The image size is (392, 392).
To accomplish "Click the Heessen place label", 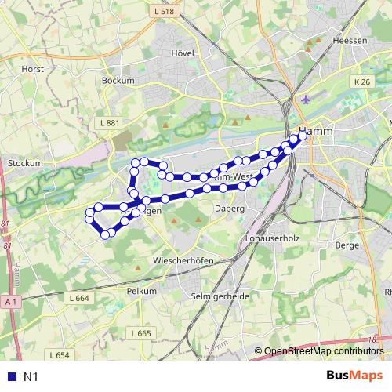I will pyautogui.click(x=350, y=40).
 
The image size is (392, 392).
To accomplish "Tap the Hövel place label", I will pyautogui.click(x=182, y=53).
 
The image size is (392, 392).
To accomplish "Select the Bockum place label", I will pyautogui.click(x=118, y=80).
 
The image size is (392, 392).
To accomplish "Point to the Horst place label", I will pyautogui.click(x=33, y=69).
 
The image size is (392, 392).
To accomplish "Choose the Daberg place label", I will pyautogui.click(x=229, y=209).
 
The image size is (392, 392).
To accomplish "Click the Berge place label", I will pyautogui.click(x=346, y=245).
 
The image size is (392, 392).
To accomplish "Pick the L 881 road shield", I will pyautogui.click(x=111, y=123).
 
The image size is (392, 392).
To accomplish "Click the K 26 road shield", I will pyautogui.click(x=361, y=82).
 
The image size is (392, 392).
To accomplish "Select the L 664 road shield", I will pyautogui.click(x=78, y=298).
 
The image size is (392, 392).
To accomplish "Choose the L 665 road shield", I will pyautogui.click(x=140, y=333).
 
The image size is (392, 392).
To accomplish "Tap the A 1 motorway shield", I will pyautogui.click(x=9, y=301).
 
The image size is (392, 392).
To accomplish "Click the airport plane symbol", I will pyautogui.click(x=305, y=100).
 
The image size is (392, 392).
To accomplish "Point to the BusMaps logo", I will pyautogui.click(x=353, y=376).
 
